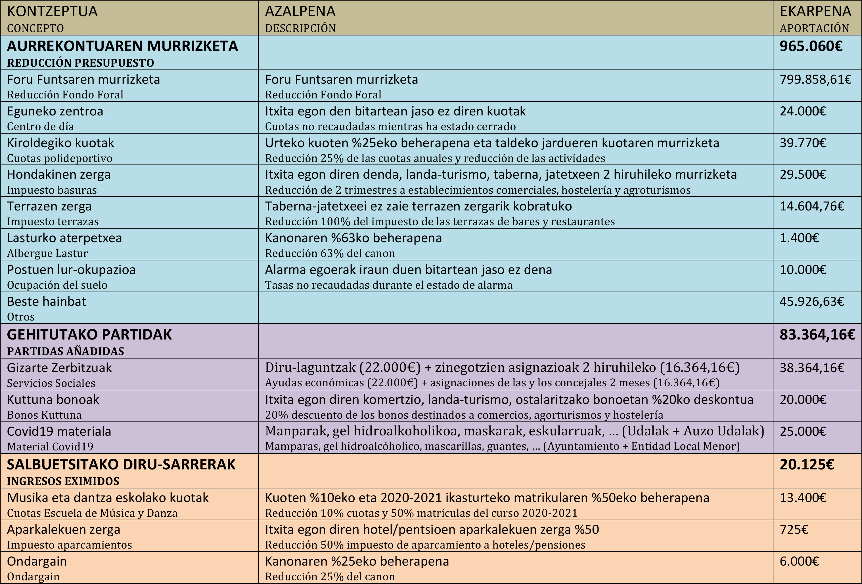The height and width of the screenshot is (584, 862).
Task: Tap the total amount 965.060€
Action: click(811, 46)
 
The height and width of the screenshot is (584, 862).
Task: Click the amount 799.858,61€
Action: click(815, 80)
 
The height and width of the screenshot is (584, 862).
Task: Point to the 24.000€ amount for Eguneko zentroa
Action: click(803, 111)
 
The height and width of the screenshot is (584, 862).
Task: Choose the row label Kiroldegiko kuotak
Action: click(60, 143)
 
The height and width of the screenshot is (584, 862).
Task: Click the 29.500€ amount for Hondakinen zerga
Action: click(803, 174)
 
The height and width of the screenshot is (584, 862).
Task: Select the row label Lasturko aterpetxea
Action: click(64, 238)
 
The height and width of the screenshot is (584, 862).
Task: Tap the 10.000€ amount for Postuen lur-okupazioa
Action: click(803, 270)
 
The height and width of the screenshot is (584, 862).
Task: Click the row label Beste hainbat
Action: click(46, 302)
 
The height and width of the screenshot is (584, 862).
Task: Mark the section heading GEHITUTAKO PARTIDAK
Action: click(89, 335)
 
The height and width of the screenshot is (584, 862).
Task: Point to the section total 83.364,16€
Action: click(817, 335)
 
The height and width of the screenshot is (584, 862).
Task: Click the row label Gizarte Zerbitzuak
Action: click(59, 368)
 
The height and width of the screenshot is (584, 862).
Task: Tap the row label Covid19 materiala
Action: click(59, 432)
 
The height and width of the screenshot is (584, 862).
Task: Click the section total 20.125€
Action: click(807, 465)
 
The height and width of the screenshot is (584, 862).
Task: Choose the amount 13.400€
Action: click(803, 498)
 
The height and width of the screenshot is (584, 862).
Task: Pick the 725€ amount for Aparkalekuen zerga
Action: click(794, 530)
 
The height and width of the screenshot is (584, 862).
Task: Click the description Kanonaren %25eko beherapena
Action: click(357, 561)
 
